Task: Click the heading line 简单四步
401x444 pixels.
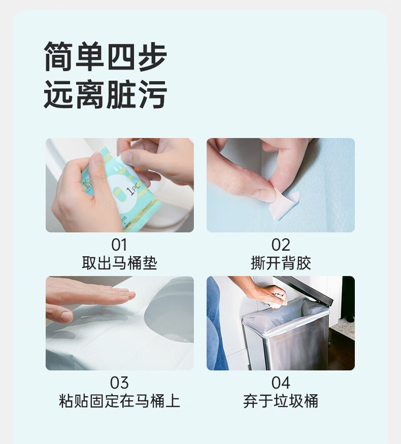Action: tap(105, 57)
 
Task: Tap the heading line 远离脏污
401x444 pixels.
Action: tap(105, 94)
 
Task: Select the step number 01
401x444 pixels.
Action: tap(119, 245)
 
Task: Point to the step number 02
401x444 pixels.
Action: tap(281, 245)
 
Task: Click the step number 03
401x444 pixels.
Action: tap(119, 383)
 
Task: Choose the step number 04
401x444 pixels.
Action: tap(281, 383)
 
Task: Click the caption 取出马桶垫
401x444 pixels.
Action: tap(119, 263)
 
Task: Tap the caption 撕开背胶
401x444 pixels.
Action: tap(281, 263)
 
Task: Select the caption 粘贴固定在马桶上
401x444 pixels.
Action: tap(119, 401)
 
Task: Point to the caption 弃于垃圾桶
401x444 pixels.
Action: tap(281, 401)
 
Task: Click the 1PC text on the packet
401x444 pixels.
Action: tap(133, 188)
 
